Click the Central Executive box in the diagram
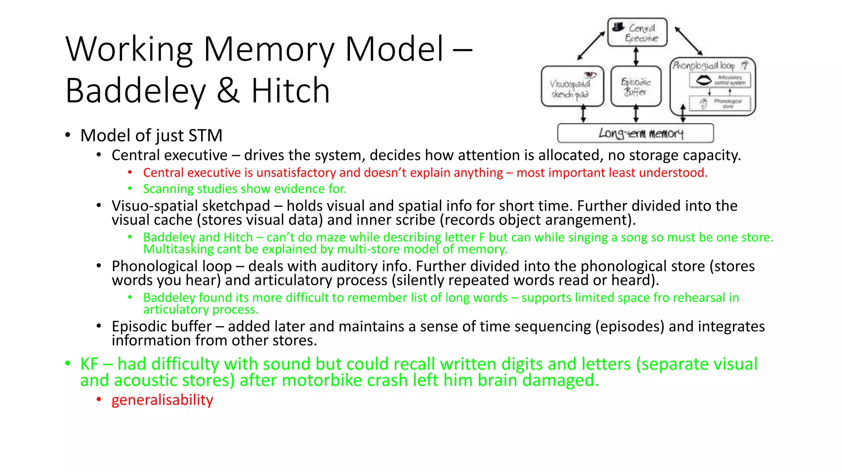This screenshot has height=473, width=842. (x=637, y=32)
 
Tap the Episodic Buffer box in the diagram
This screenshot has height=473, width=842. (x=636, y=87)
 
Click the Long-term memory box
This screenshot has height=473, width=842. (x=635, y=133)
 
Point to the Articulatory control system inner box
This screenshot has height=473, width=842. (x=720, y=80)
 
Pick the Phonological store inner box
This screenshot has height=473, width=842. (x=720, y=103)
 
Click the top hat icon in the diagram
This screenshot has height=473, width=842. (x=618, y=27)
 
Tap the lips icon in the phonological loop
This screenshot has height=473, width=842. (x=703, y=80)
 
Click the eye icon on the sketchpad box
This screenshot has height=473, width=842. (x=590, y=74)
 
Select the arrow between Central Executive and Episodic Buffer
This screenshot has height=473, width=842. (x=636, y=56)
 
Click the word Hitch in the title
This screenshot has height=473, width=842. (x=290, y=91)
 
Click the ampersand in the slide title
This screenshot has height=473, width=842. (x=228, y=91)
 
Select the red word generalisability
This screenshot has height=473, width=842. (x=162, y=400)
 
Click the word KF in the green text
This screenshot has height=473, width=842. (x=89, y=364)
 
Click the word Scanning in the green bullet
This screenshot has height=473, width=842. (x=168, y=189)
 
